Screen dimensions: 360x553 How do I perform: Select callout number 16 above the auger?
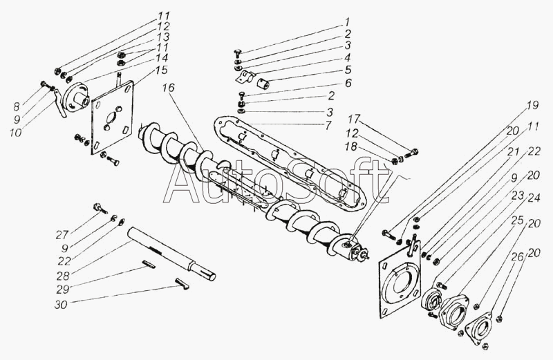click(x=169, y=89)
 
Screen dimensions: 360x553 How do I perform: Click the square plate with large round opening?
click(x=400, y=290)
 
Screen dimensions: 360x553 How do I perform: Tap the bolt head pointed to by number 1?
click(x=237, y=54)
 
